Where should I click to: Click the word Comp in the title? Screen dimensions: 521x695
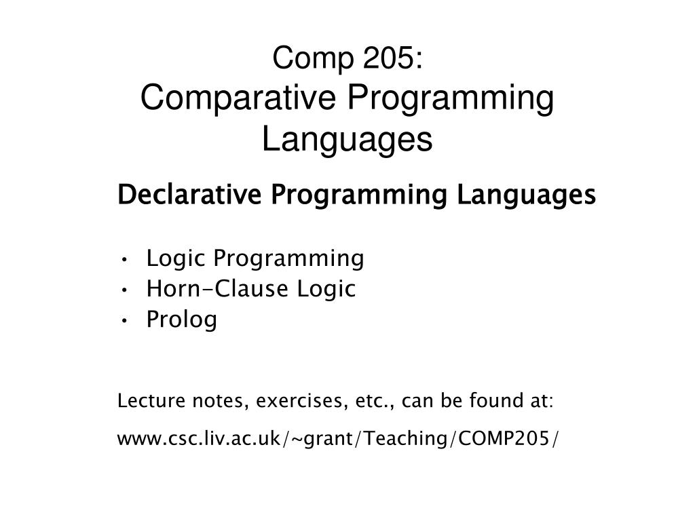303,61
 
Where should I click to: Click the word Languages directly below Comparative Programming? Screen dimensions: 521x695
347,140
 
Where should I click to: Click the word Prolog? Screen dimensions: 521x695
182,320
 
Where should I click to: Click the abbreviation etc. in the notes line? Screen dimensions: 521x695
374,402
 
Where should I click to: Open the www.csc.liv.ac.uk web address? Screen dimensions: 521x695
339,439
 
